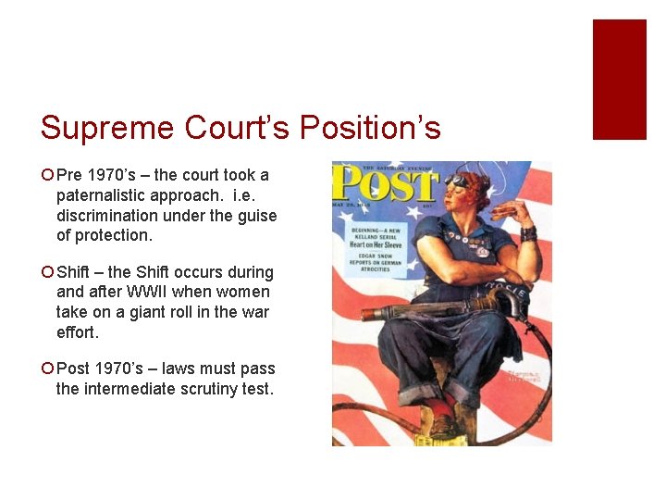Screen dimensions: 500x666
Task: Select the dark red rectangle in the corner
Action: [619, 79]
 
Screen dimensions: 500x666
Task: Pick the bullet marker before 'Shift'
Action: [47, 272]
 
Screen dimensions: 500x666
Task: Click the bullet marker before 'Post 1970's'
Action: [47, 369]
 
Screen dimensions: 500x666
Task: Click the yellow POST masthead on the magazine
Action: [386, 186]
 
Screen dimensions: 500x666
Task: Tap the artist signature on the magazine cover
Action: [525, 375]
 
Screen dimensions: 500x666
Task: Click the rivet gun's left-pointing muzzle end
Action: [366, 314]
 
